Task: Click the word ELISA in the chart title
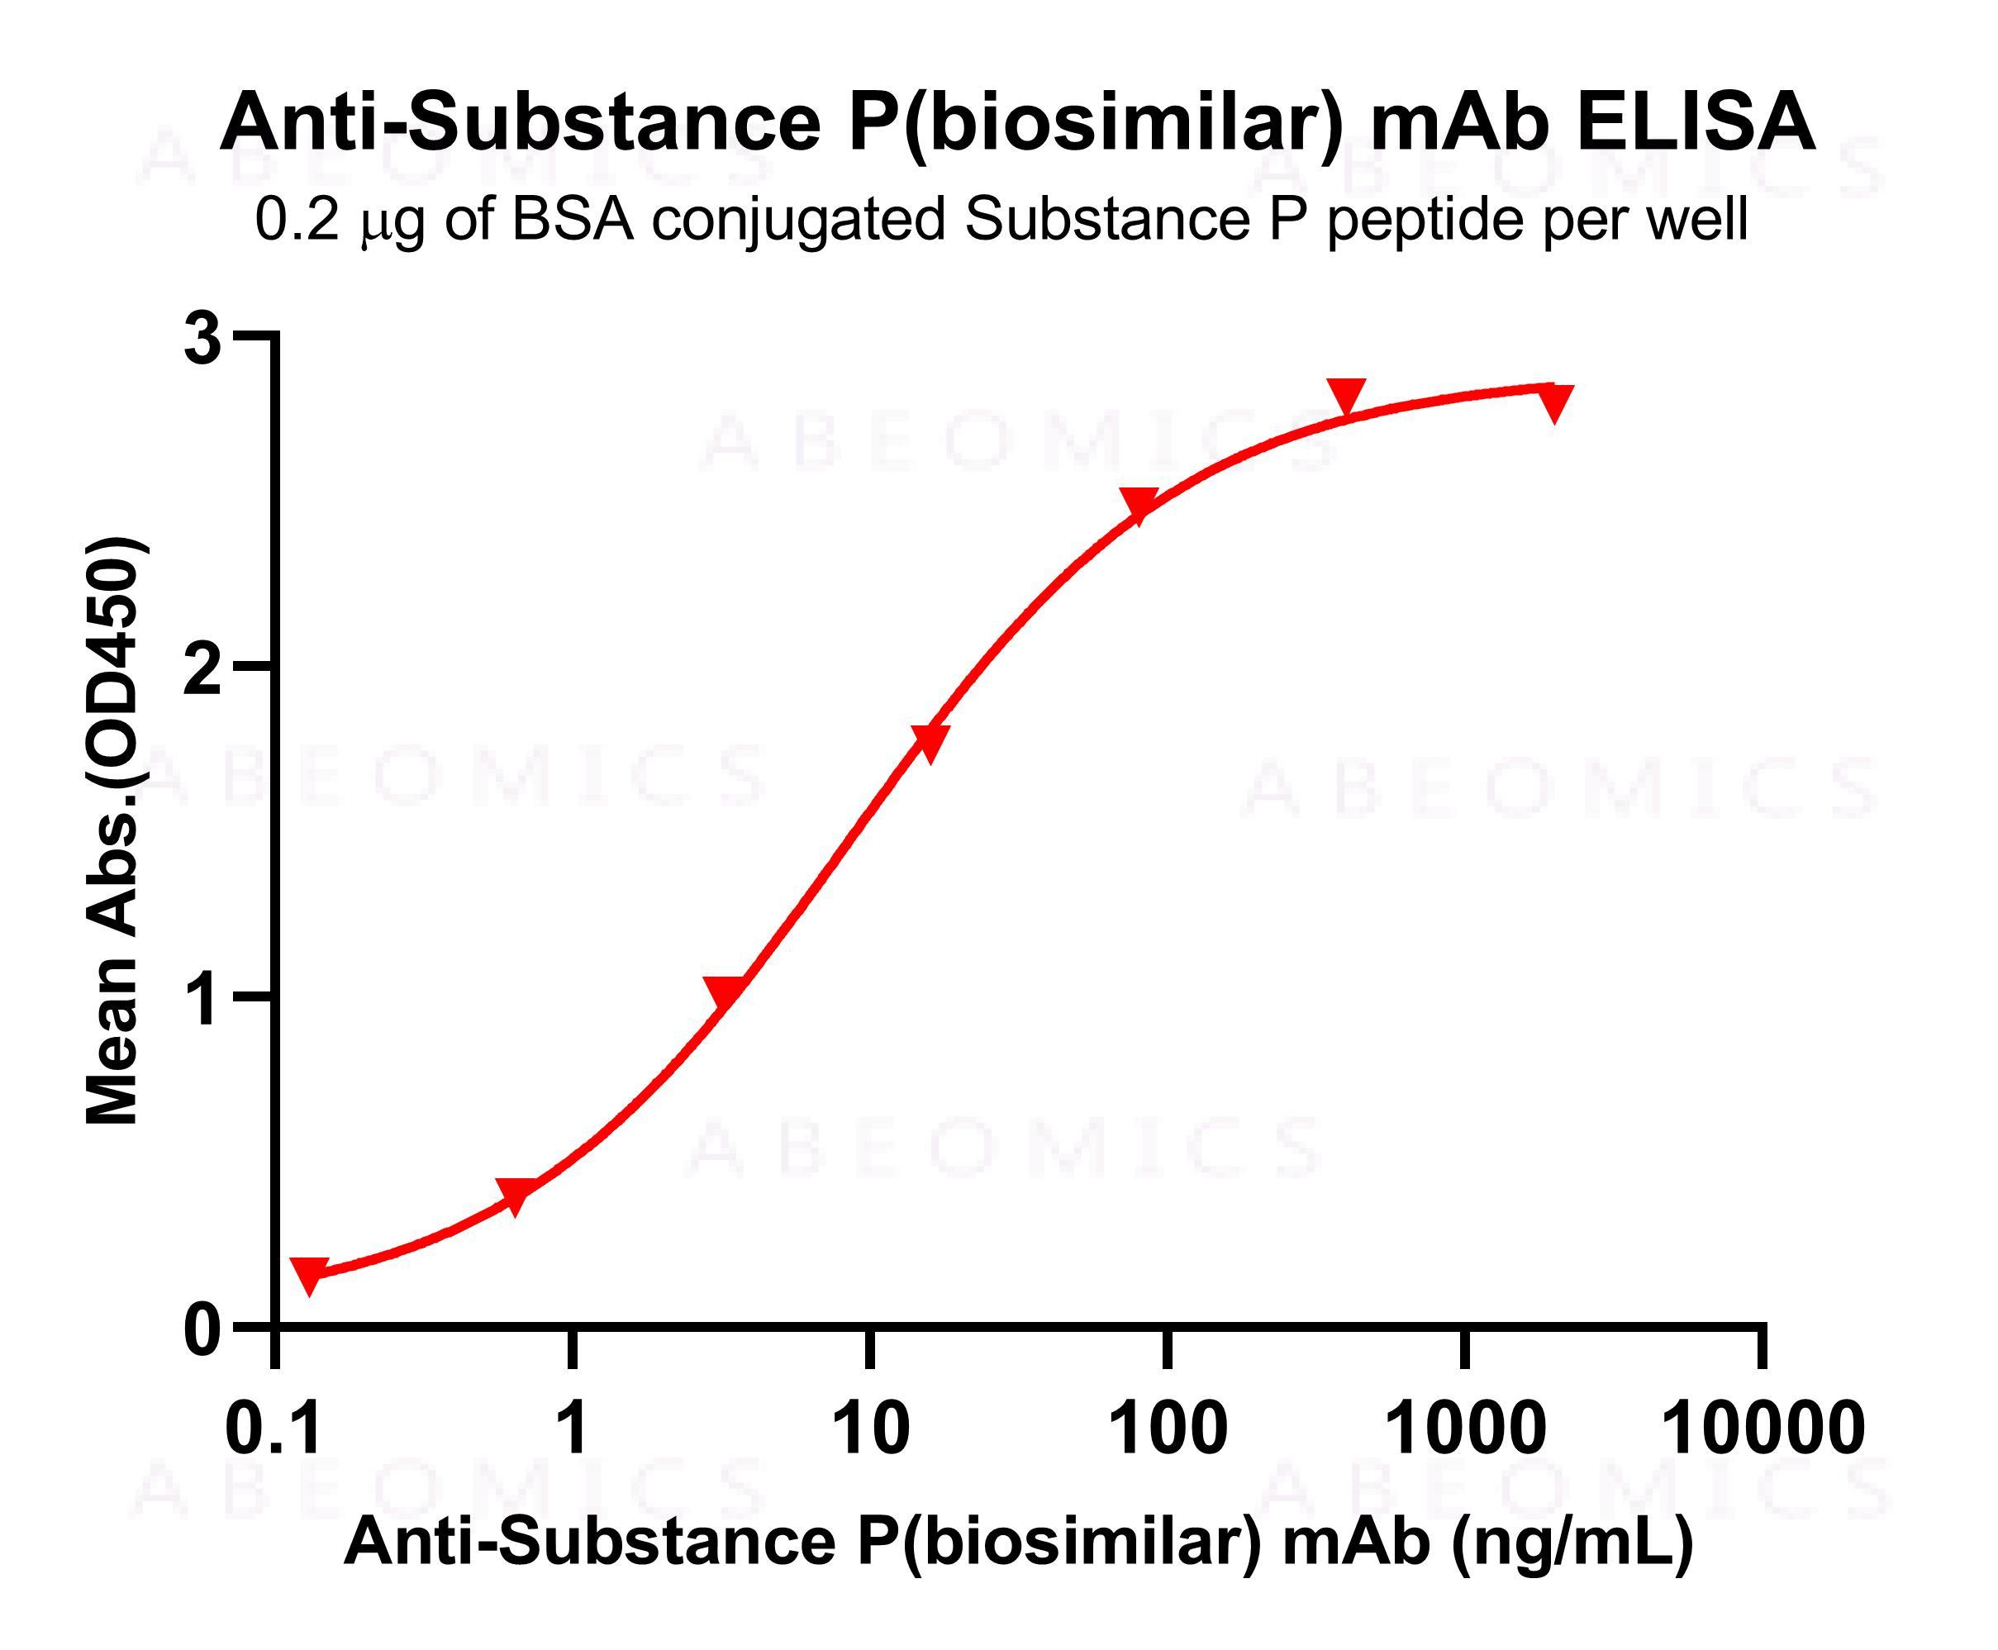click(1695, 122)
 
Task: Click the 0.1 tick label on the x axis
click(274, 1429)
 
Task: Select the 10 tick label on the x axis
click(868, 1429)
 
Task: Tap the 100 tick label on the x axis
click(1168, 1429)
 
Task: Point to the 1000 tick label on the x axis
click(1465, 1429)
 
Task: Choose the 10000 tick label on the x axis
click(1762, 1429)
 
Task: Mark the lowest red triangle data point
click(309, 1273)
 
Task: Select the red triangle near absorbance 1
click(725, 991)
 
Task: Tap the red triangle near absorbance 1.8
click(930, 740)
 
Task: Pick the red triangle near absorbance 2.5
click(1138, 504)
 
